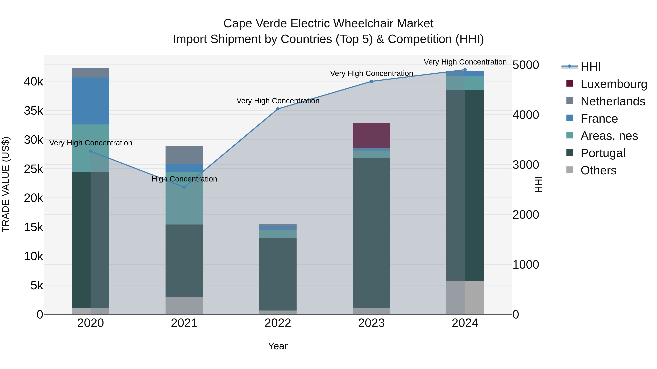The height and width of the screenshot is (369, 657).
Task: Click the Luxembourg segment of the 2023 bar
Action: tap(371, 135)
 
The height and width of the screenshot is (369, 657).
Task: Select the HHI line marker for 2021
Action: tap(184, 187)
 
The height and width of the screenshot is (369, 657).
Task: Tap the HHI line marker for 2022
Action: tap(278, 109)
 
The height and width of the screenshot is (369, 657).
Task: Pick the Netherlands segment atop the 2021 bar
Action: tap(184, 155)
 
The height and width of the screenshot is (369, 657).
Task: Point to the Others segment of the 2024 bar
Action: tap(465, 297)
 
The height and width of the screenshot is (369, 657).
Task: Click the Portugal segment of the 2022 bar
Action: tap(278, 274)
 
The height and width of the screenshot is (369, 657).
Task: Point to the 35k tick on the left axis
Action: tap(33, 111)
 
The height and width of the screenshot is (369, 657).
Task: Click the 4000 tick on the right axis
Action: tap(526, 115)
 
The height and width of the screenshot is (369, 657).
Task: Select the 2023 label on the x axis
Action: tap(371, 323)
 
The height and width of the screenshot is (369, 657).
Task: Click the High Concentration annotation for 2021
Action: tap(184, 179)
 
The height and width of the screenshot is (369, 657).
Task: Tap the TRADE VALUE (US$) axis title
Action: tap(6, 184)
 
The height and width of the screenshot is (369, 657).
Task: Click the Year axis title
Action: tap(278, 346)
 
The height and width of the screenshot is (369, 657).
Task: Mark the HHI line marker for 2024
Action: tap(465, 70)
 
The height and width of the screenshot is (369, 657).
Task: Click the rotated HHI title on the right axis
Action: tap(538, 184)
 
